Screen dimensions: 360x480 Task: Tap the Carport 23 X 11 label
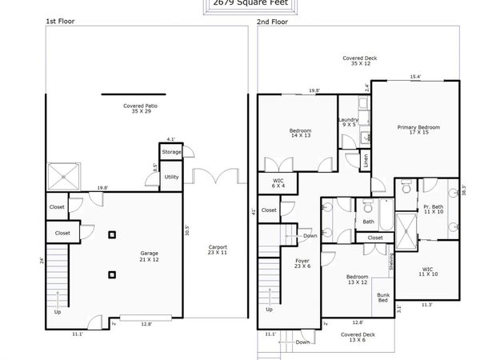(217, 250)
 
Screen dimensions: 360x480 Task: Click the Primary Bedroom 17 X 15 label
(419, 130)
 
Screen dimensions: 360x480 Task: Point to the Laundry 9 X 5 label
(350, 122)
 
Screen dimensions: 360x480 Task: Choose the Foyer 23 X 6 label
(302, 263)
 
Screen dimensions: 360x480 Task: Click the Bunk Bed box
(382, 298)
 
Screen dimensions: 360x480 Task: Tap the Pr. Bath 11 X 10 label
(434, 210)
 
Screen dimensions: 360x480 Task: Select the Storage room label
(171, 151)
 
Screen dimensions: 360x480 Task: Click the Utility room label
(171, 177)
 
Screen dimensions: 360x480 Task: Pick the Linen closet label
(365, 160)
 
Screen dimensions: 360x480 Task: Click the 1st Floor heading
(59, 22)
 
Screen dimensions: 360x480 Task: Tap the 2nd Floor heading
(273, 22)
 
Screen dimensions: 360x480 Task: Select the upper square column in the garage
(113, 234)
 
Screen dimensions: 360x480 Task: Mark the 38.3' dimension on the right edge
(463, 190)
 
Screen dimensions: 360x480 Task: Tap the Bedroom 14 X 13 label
(300, 134)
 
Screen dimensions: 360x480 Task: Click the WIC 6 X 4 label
(278, 184)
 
